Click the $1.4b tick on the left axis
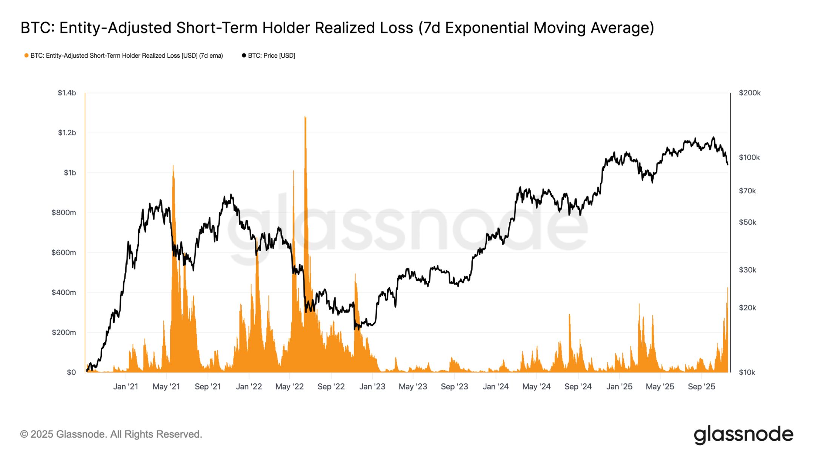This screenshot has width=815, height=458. (x=66, y=93)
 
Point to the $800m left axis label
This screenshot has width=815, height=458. (x=63, y=213)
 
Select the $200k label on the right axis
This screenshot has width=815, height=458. (x=749, y=93)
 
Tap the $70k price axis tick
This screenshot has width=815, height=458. (x=747, y=191)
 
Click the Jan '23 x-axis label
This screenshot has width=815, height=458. (x=372, y=387)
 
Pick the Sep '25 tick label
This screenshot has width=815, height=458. (x=701, y=387)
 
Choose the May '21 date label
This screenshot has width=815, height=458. (x=166, y=387)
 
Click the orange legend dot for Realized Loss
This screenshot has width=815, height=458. (x=26, y=56)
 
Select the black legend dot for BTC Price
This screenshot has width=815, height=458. (x=244, y=56)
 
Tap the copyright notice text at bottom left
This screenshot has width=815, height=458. (x=111, y=434)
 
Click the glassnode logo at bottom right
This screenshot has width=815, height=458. (x=743, y=435)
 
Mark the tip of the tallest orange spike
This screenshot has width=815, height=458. (x=305, y=117)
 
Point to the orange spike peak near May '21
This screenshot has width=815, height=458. (x=173, y=166)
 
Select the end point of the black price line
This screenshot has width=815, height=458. (x=727, y=164)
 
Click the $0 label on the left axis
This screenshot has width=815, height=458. (x=71, y=372)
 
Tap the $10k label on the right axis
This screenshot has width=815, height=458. (x=747, y=372)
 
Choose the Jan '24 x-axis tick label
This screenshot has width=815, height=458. (x=495, y=387)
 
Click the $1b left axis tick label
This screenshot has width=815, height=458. (x=69, y=173)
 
